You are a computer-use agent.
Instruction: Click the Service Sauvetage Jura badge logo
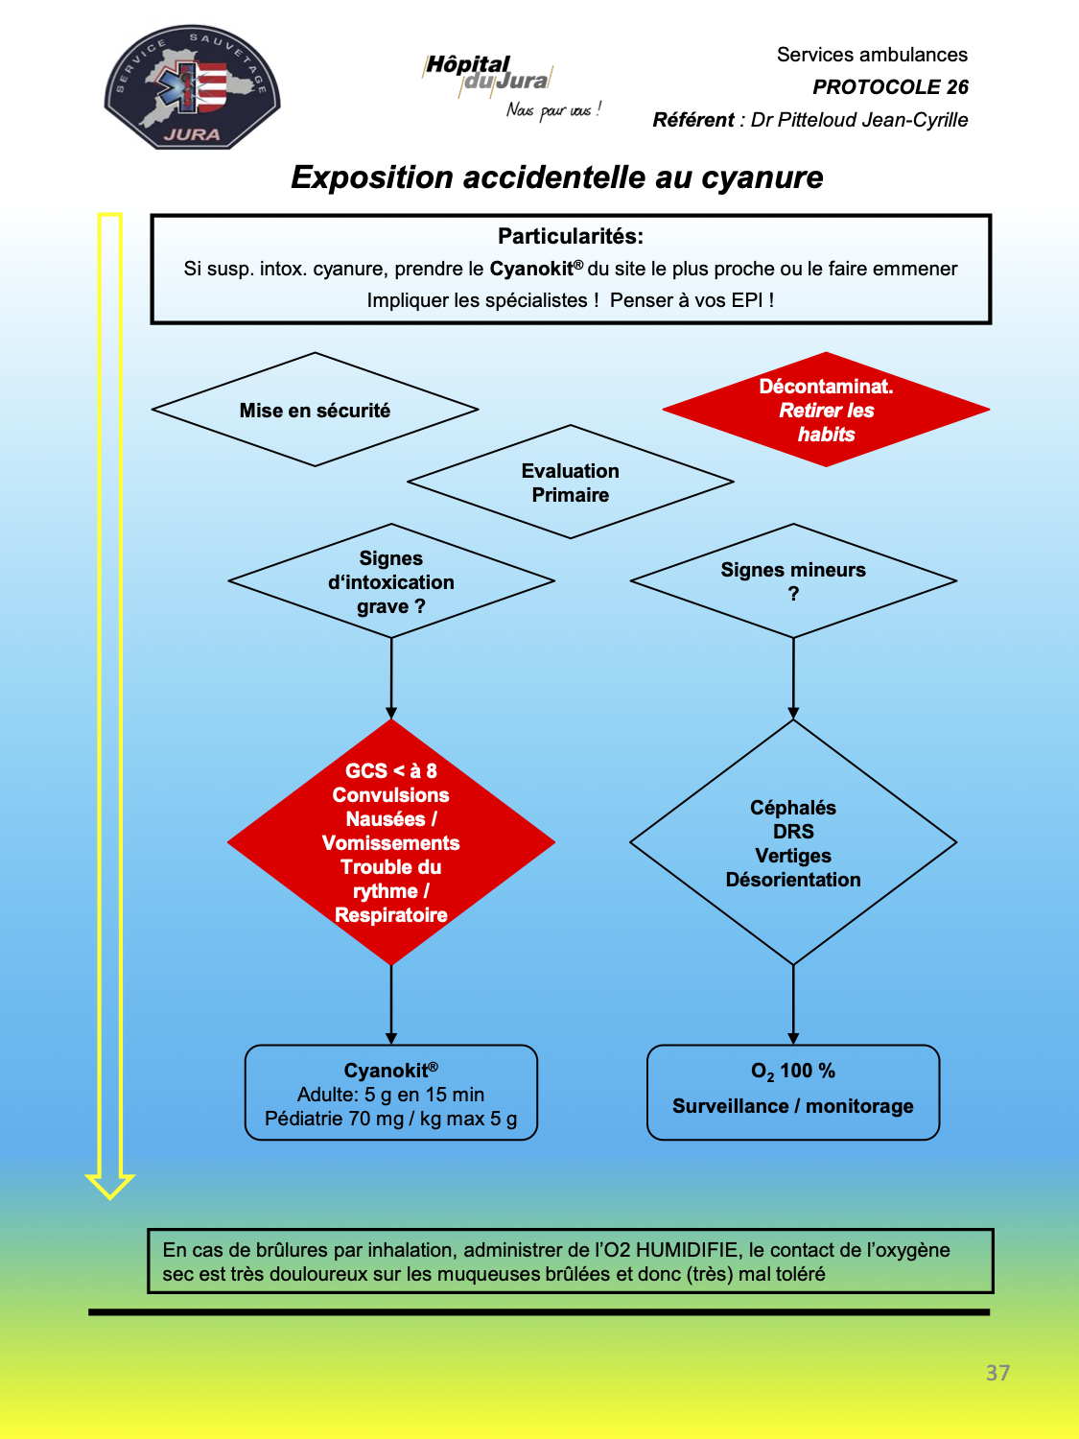pos(192,87)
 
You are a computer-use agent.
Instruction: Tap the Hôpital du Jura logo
pos(511,86)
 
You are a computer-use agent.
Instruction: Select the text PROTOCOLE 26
pos(890,87)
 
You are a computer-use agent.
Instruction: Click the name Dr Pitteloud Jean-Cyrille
pos(858,120)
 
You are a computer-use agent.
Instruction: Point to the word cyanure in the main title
pos(762,178)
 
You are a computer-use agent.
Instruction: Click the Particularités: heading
pos(571,236)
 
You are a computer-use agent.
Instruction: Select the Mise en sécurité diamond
pos(316,410)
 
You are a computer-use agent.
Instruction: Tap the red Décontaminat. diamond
pos(826,410)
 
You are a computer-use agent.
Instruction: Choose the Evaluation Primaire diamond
pos(571,482)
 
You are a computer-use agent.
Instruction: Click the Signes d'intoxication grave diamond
pos(391,580)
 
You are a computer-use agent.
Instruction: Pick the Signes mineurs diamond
pos(793,580)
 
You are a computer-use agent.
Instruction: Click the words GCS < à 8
pos(391,771)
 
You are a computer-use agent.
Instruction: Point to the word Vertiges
pos(793,856)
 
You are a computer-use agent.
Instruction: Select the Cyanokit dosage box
pos(391,1093)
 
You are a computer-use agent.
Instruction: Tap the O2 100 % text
pos(793,1072)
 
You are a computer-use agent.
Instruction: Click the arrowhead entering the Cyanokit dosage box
pos(391,1039)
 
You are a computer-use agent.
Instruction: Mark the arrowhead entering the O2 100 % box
pos(793,1039)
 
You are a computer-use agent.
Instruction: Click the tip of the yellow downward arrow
pos(110,1199)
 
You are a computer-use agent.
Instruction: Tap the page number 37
pos(997,1373)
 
